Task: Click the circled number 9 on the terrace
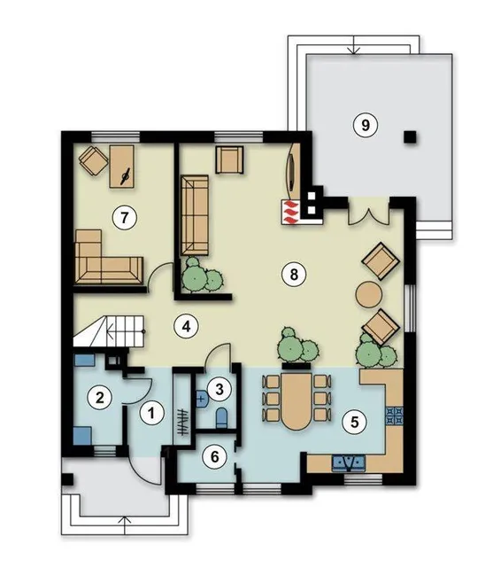point(366,125)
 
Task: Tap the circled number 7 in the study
point(124,218)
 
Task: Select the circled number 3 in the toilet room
point(220,389)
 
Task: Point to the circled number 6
point(214,457)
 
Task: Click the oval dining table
point(297,401)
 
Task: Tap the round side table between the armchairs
point(369,294)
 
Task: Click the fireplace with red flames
point(290,212)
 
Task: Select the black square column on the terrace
point(410,137)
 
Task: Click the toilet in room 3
point(221,418)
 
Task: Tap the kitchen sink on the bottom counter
point(349,462)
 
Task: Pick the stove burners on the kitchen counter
point(395,416)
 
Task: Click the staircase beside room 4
point(109,331)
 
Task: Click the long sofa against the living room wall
point(195,215)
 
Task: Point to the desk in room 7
point(122,167)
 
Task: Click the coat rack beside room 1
point(182,422)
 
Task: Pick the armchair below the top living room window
point(229,159)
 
